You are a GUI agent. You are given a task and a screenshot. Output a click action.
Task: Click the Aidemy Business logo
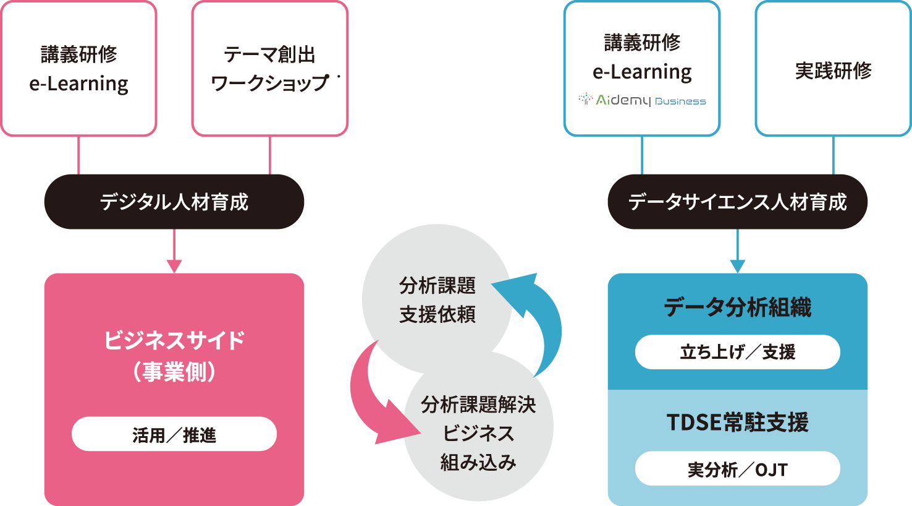click(x=642, y=100)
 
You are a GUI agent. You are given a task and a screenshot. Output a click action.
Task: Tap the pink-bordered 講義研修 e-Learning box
click(x=78, y=69)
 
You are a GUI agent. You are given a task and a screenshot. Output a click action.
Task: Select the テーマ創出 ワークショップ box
click(x=270, y=69)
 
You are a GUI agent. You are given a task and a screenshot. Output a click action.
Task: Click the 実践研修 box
click(x=834, y=69)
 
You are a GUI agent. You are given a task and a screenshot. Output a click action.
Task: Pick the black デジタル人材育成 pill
click(x=174, y=202)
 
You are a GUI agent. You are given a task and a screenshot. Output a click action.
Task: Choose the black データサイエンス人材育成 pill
click(x=738, y=202)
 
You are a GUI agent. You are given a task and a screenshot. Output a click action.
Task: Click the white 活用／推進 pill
click(x=174, y=434)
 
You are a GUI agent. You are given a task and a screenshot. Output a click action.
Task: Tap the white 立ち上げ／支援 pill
click(x=738, y=352)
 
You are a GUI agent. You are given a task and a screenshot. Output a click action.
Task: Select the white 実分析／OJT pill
click(x=738, y=468)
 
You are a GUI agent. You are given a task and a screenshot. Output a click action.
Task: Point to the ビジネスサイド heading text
click(x=174, y=340)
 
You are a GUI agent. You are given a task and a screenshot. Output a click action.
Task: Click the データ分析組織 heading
click(x=738, y=307)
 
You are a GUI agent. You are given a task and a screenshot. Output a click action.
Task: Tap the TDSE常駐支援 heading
click(x=738, y=422)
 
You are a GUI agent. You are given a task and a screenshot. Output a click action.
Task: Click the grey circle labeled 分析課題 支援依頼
click(x=437, y=299)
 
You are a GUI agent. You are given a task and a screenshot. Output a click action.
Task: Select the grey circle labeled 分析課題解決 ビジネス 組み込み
click(x=478, y=426)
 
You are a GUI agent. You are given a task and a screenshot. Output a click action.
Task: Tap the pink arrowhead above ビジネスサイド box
click(x=174, y=266)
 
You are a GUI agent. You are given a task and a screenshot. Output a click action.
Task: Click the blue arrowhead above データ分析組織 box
click(x=738, y=266)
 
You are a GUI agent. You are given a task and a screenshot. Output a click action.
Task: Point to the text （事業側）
click(x=174, y=372)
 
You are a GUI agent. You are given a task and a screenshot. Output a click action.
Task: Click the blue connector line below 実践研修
click(x=834, y=155)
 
